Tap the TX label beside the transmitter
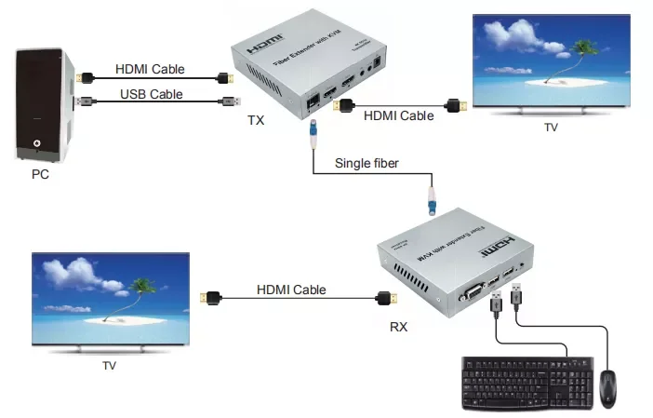(256, 121)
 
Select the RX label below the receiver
(397, 328)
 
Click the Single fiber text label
(367, 164)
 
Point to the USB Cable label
(151, 94)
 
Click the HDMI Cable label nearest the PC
(150, 69)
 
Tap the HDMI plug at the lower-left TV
(212, 299)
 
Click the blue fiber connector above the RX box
(431, 199)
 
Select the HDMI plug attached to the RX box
(383, 299)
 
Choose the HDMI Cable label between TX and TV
(397, 116)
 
